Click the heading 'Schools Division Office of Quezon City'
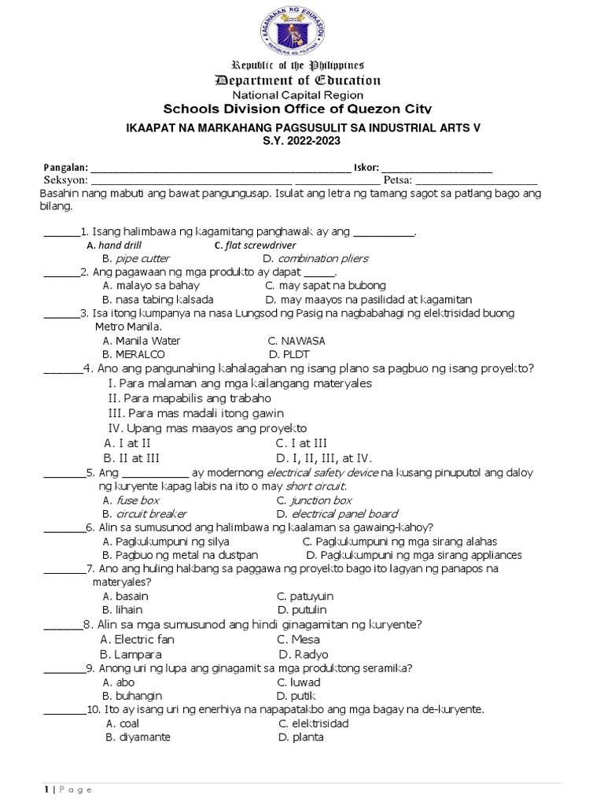pyautogui.click(x=296, y=109)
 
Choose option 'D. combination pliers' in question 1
pyautogui.click(x=315, y=258)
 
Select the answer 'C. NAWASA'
pyautogui.click(x=296, y=341)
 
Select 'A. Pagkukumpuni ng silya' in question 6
pyautogui.click(x=155, y=542)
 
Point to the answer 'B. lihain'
pyautogui.click(x=123, y=610)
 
